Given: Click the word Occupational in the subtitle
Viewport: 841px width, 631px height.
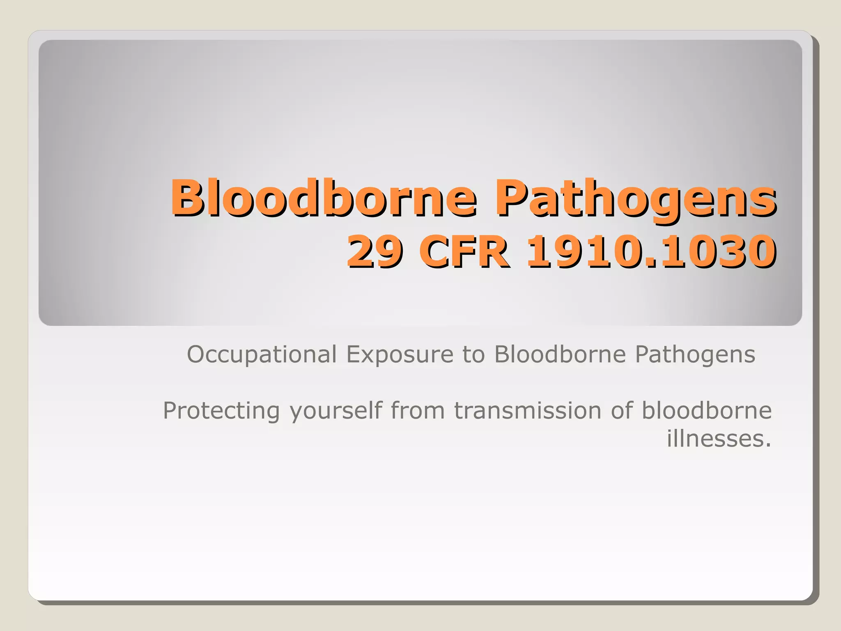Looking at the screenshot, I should (262, 355).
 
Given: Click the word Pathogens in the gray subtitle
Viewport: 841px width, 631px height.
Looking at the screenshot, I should (695, 355).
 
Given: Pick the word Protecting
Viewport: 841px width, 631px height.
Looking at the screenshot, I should (221, 411).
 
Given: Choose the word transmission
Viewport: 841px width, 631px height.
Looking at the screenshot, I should (527, 410).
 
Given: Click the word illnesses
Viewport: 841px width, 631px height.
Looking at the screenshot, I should (715, 438).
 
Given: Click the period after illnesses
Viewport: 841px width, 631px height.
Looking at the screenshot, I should (768, 445).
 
